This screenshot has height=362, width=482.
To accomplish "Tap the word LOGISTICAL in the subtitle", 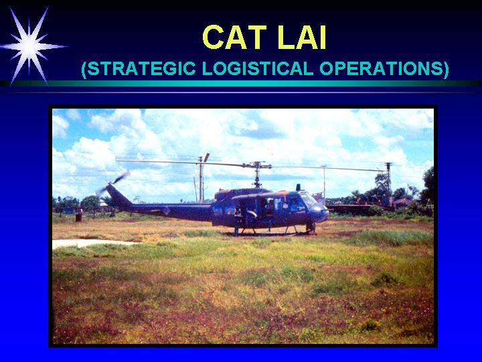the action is (258, 68).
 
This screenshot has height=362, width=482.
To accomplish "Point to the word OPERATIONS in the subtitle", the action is (381, 68).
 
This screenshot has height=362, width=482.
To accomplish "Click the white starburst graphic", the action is (30, 46).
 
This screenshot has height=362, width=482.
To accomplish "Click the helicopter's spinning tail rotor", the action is (113, 183).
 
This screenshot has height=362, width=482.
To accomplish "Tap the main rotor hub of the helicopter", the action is (257, 166).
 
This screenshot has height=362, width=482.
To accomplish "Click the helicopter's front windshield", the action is (307, 199).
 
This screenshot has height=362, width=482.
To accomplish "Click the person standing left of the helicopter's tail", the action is (79, 215).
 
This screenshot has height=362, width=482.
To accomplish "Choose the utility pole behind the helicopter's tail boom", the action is (200, 178).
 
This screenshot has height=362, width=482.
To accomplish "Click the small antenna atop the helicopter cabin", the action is (298, 187).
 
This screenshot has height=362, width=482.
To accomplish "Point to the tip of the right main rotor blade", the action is (384, 170).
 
